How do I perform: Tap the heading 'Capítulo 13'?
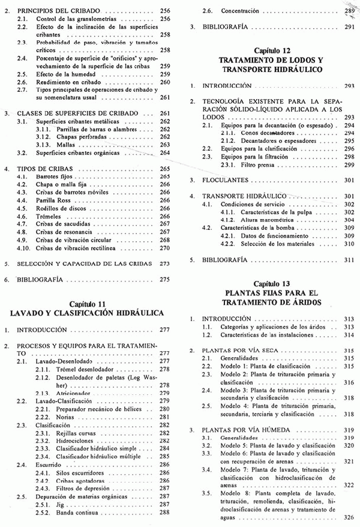[x=272, y=283]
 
